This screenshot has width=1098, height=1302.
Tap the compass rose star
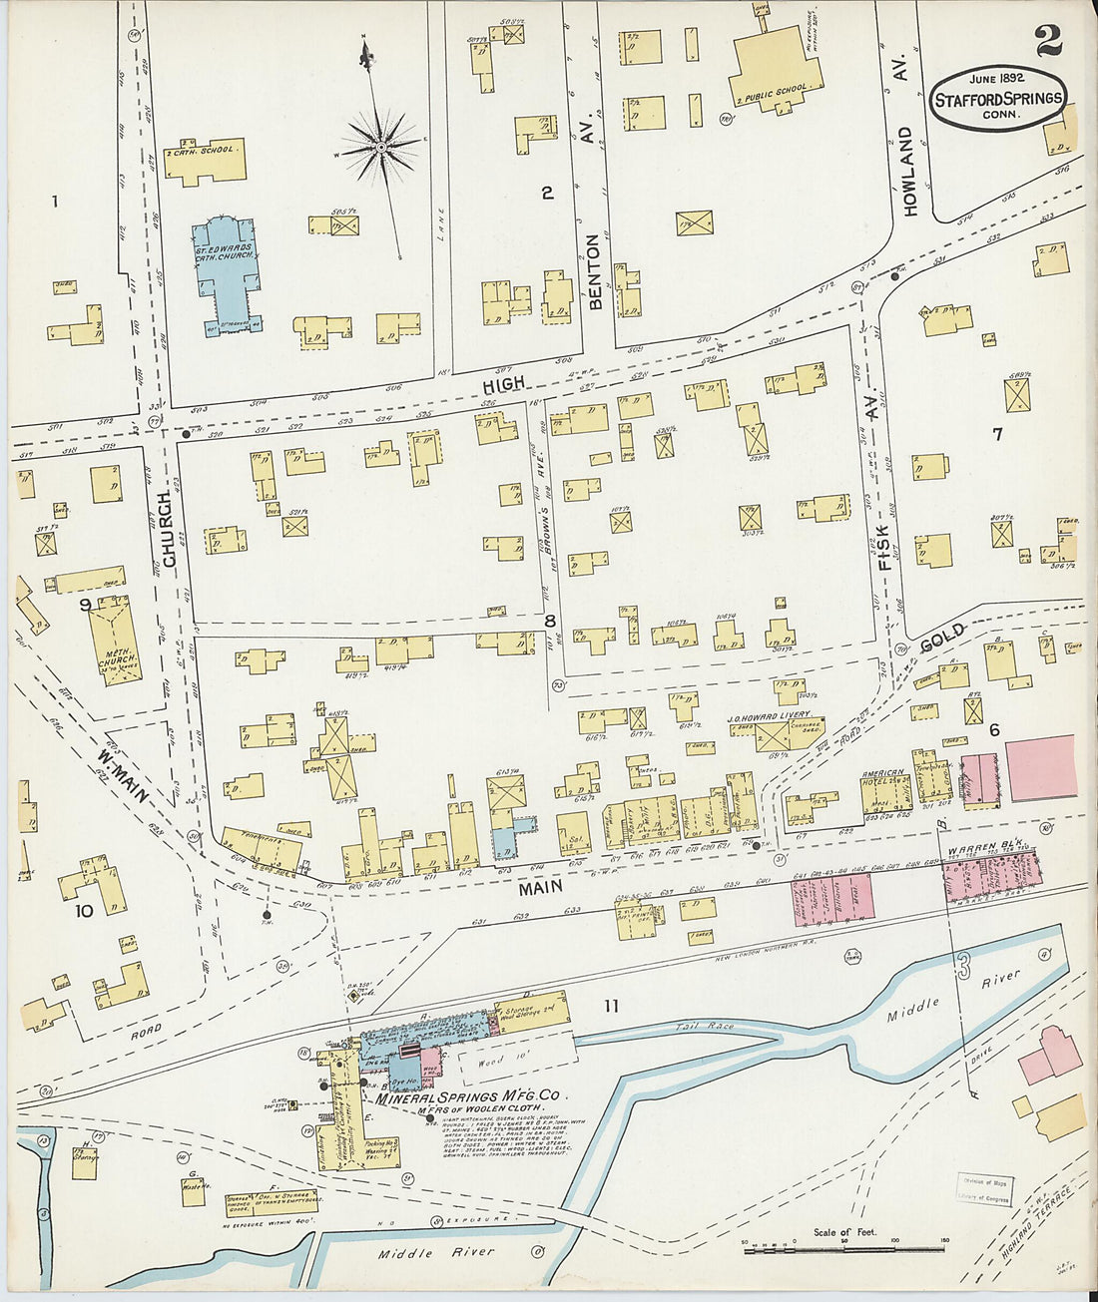(380, 148)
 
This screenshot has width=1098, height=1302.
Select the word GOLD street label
(942, 638)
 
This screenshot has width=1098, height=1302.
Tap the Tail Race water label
(704, 1026)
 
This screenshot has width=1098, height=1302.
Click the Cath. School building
(206, 161)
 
